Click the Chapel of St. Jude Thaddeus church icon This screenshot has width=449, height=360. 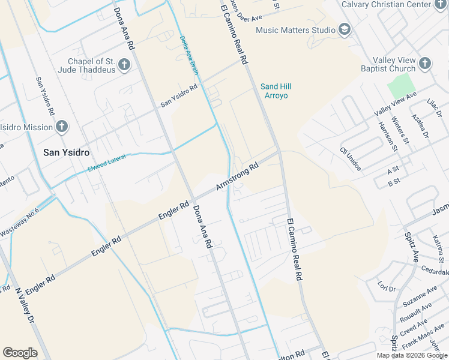pyautogui.click(x=124, y=65)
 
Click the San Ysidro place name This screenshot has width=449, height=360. pyautogui.click(x=67, y=152)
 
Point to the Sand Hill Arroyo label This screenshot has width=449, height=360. pyautogui.click(x=274, y=91)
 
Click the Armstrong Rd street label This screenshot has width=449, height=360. pyautogui.click(x=237, y=176)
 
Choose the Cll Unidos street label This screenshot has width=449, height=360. pyautogui.click(x=351, y=159)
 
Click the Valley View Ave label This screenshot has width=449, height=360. pyautogui.click(x=395, y=105)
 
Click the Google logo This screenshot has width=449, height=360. pyautogui.click(x=20, y=353)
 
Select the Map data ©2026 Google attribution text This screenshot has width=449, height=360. pyautogui.click(x=412, y=355)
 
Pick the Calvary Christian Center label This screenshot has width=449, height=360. pyautogui.click(x=386, y=5)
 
